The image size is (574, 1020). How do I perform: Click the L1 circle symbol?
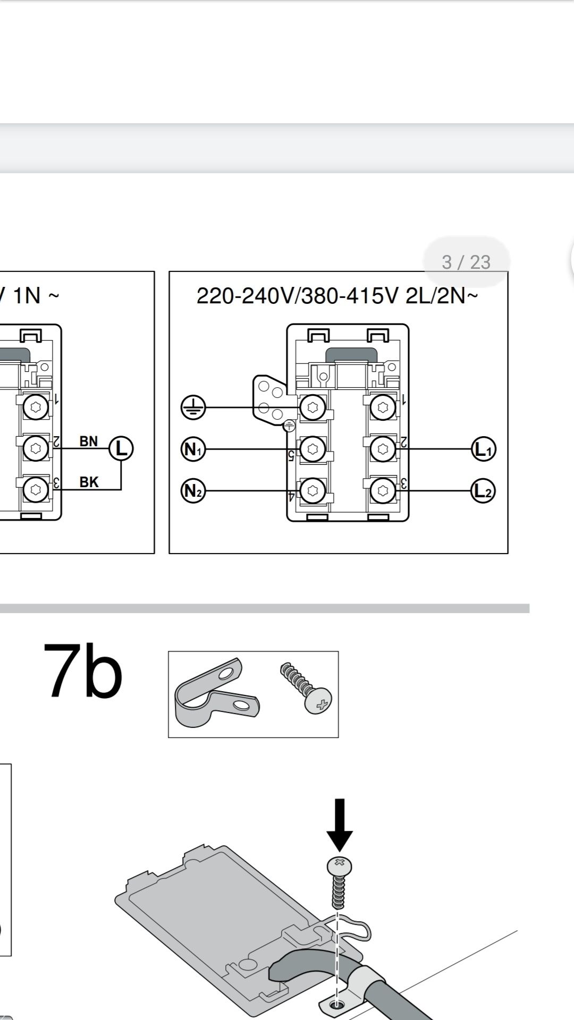[484, 449]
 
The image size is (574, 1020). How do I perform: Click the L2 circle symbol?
[484, 490]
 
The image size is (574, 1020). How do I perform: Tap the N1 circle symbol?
[193, 449]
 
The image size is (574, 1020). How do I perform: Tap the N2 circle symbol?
[193, 490]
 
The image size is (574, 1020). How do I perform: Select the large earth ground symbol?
[193, 408]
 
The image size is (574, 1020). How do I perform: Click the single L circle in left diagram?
[121, 448]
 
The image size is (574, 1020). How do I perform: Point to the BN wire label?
[89, 441]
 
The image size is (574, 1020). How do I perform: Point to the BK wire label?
[89, 482]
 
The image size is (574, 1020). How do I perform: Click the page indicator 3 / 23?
[466, 262]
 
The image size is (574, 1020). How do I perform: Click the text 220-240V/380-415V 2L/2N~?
[337, 295]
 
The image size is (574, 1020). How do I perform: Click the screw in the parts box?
[307, 687]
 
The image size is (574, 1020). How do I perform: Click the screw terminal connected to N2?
[313, 490]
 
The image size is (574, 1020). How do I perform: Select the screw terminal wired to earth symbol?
[313, 408]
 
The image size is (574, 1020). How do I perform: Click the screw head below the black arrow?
[340, 866]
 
